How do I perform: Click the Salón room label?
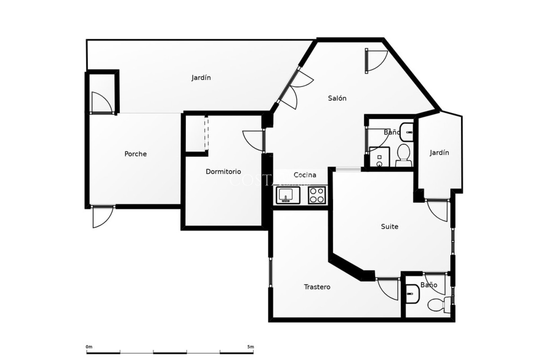[337, 98]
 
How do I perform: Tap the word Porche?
[136, 154]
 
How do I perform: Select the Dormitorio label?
[223, 172]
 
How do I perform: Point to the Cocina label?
[305, 175]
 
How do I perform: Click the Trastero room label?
[317, 287]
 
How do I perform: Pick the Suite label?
[390, 226]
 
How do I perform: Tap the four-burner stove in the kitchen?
[317, 195]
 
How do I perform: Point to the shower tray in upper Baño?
[379, 157]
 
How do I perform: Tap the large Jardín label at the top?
[201, 78]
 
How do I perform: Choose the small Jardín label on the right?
[439, 153]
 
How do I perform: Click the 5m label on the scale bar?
[251, 347]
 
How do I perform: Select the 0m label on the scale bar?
[89, 347]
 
